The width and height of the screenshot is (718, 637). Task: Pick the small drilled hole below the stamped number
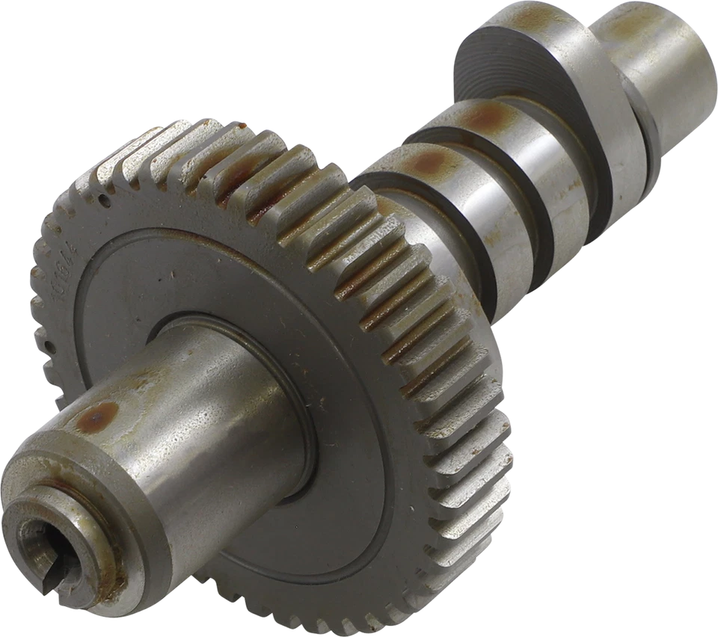tap(49, 346)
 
